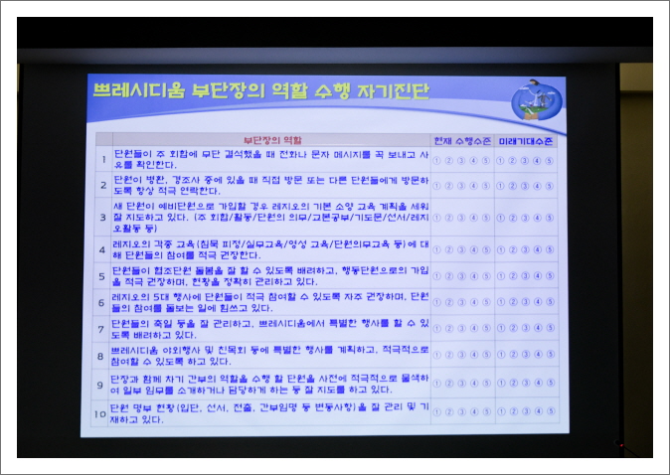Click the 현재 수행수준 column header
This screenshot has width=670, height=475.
(462, 141)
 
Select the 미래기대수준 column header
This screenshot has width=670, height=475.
(527, 141)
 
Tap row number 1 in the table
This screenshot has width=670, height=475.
(102, 158)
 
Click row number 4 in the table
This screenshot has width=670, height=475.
(102, 248)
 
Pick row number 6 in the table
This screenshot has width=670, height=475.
(101, 302)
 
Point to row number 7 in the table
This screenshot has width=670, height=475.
(101, 329)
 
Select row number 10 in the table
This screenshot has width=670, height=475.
(99, 412)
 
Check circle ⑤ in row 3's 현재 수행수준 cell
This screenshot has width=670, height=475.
(486, 218)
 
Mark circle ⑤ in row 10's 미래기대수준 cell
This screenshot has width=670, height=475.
(550, 410)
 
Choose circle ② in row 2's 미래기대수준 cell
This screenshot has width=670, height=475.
(513, 186)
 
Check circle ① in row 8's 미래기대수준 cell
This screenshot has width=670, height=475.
(500, 356)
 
